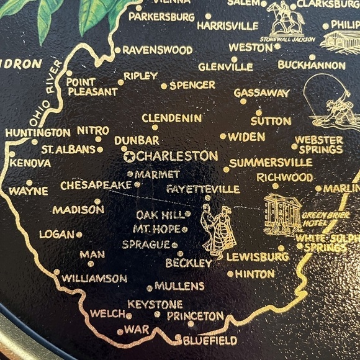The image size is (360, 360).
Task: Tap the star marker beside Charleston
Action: click(130, 156)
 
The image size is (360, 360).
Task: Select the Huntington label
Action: click(38, 132)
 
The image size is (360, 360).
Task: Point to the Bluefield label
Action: click(210, 340)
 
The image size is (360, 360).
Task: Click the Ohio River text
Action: click(43, 87)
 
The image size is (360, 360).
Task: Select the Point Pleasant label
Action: click(92, 86)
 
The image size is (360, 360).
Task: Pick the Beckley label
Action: click(189, 263)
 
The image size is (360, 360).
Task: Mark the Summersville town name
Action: click(271, 163)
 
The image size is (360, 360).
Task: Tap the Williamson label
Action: click(94, 279)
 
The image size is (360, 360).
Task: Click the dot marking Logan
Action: click(79, 235)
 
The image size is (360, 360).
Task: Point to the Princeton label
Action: click(196, 316)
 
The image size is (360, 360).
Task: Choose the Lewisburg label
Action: click(258, 256)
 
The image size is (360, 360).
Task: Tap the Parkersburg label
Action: click(161, 17)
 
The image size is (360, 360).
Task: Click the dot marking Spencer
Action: click(164, 86)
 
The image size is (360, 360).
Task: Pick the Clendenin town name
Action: click(172, 118)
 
